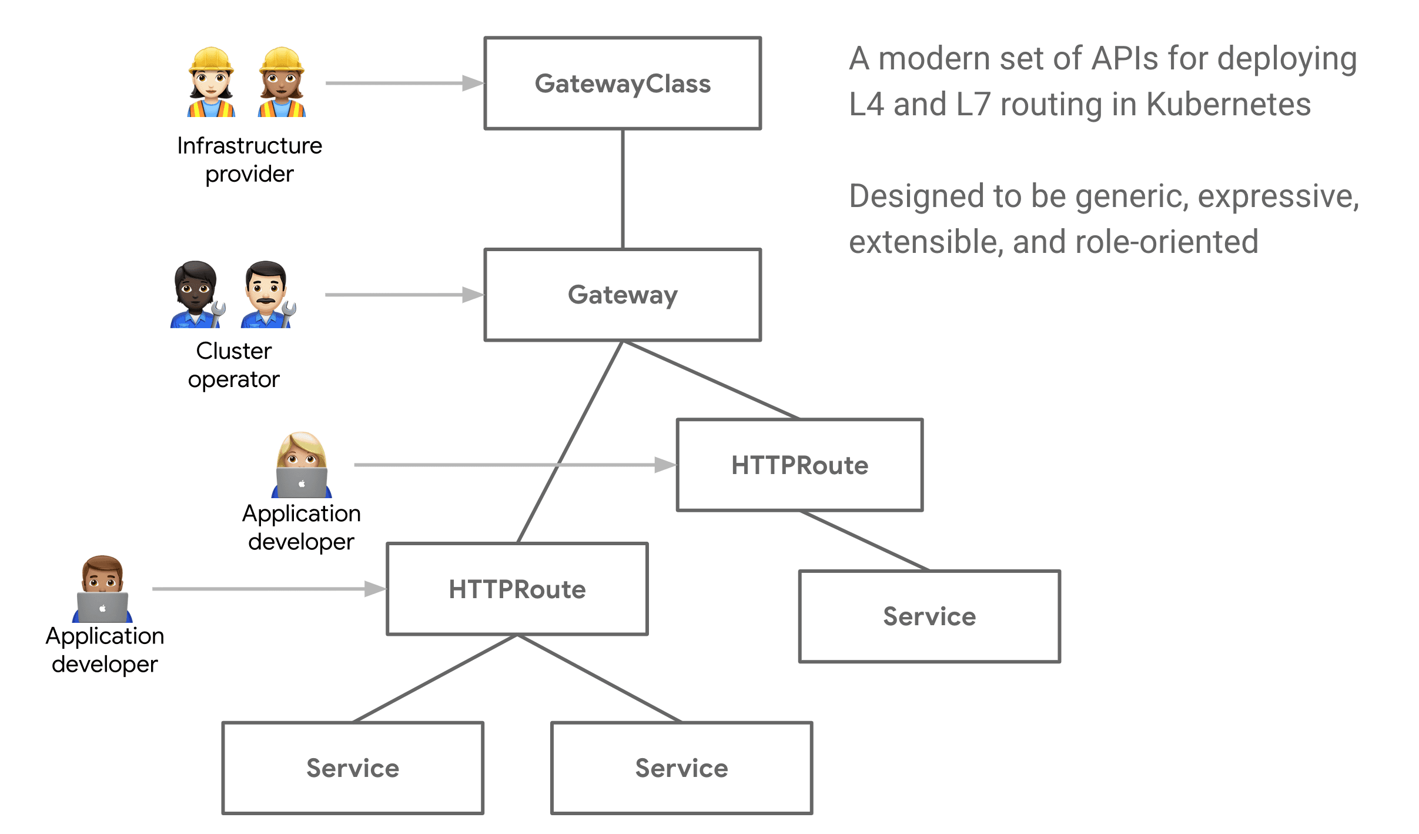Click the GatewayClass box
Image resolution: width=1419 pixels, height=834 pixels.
pos(622,84)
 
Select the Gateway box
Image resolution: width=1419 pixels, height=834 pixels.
pos(622,295)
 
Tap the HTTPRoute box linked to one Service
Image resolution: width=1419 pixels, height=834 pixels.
pos(799,465)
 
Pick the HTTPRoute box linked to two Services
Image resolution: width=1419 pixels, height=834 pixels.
pos(517,589)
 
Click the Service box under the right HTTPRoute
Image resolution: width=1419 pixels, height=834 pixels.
pos(929,616)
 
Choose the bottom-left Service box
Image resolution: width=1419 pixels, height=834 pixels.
pos(352,768)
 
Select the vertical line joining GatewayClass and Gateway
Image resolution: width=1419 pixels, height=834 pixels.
pos(623,188)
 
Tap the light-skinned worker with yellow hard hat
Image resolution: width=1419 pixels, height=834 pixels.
pos(211,82)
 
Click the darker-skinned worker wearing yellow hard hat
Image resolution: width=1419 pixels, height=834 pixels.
pos(282,82)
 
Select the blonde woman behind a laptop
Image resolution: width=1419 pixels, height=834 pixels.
pos(302,465)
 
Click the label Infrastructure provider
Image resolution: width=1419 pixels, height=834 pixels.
pos(249,159)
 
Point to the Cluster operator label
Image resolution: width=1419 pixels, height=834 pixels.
pos(233,365)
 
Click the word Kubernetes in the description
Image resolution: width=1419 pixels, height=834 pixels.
pos(1229,105)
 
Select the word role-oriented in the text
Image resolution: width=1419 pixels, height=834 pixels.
pos(1167,242)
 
